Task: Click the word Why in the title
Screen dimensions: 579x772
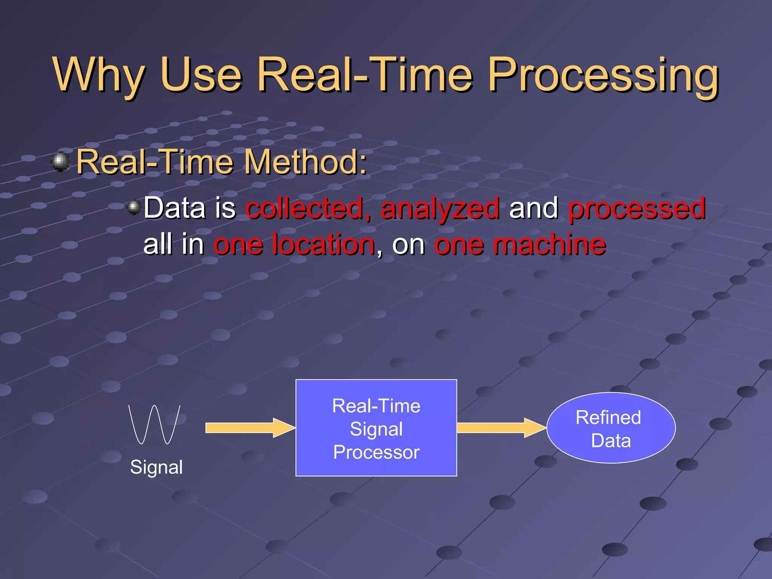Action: point(99,75)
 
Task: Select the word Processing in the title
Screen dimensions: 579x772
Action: point(603,75)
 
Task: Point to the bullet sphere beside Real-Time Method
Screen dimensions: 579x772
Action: point(61,162)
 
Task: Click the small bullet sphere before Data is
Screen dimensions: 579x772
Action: point(134,207)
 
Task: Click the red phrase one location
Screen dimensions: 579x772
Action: point(294,244)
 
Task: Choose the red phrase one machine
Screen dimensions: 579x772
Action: point(520,244)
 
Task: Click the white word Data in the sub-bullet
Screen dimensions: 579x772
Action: point(174,208)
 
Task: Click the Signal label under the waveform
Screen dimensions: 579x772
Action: point(156,467)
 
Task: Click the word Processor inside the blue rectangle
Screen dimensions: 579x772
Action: point(376,452)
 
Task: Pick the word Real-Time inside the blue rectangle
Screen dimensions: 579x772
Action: point(376,406)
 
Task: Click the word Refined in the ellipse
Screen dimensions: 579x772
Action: point(608,418)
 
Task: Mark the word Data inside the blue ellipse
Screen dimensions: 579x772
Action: point(611,441)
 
